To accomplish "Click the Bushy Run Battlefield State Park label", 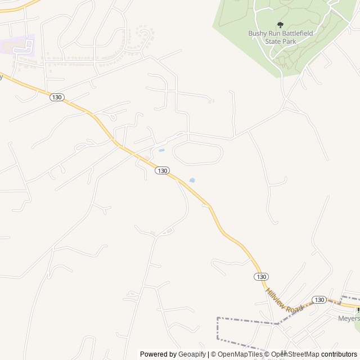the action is (x=280, y=37).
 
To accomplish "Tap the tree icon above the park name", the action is (x=280, y=25).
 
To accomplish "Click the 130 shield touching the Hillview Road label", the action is (x=260, y=277).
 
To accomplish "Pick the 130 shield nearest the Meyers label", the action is (x=319, y=300).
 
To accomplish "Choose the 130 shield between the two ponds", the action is (x=162, y=170).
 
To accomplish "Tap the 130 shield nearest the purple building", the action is (x=56, y=97).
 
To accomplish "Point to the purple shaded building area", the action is (x=17, y=45).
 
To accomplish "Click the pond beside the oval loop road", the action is (x=161, y=150).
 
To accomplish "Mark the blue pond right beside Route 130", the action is (x=192, y=181).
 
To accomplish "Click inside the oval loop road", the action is (x=197, y=153).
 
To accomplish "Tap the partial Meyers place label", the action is (x=348, y=317).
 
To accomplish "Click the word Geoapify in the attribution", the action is (x=192, y=354).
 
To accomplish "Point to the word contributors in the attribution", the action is (x=339, y=354).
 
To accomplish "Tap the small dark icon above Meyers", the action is (x=358, y=309).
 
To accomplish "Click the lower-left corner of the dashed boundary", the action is (x=218, y=339).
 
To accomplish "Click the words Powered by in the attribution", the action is (x=158, y=354).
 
